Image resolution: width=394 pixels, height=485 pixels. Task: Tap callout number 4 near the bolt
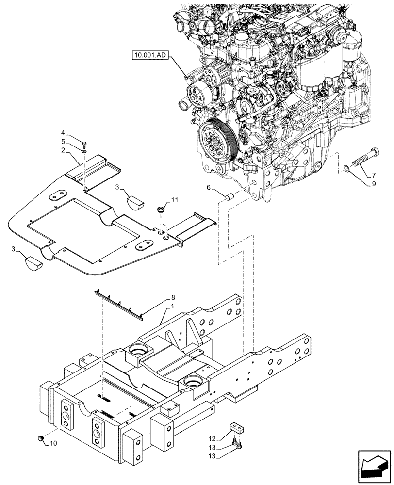(63, 132)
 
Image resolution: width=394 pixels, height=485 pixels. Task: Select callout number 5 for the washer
(63, 142)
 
